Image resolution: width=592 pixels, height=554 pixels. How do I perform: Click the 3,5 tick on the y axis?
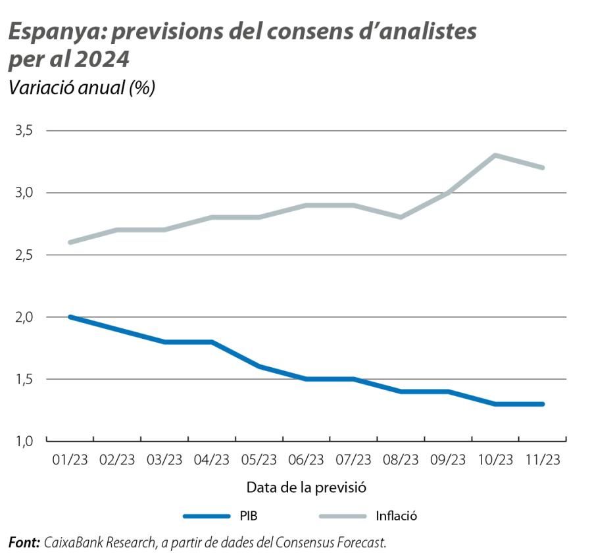click(24, 131)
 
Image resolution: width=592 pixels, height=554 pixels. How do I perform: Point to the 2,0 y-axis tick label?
click(24, 317)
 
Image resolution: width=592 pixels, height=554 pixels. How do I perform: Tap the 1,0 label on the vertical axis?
click(24, 441)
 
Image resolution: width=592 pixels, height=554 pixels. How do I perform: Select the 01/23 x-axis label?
click(70, 460)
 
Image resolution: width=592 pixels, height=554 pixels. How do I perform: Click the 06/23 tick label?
click(307, 460)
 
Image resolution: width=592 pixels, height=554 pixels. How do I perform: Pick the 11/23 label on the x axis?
click(543, 460)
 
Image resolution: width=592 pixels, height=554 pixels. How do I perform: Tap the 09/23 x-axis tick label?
click(448, 460)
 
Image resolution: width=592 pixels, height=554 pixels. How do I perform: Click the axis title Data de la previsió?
click(306, 488)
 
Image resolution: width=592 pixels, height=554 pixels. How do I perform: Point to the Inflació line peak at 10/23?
click(495, 155)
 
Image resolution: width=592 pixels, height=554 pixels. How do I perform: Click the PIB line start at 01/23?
click(70, 317)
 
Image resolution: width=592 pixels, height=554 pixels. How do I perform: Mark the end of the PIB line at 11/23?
click(543, 404)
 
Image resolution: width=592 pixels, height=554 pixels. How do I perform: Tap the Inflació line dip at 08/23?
click(401, 217)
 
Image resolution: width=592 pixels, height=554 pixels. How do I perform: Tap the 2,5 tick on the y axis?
click(24, 255)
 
